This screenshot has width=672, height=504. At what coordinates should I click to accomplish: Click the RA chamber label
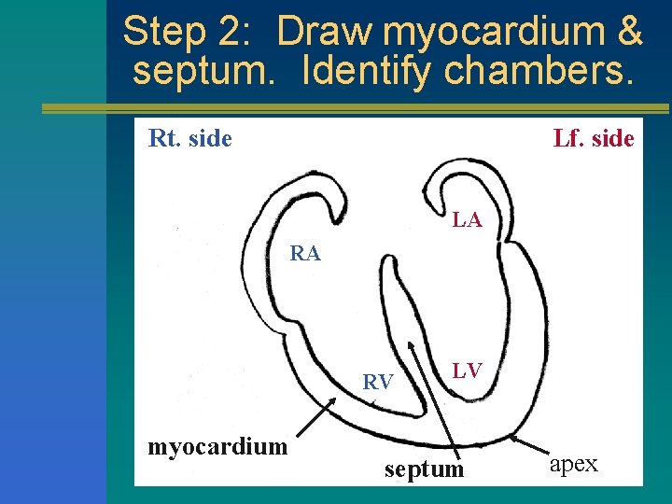pyautogui.click(x=305, y=253)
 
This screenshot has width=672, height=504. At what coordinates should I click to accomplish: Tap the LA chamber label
pyautogui.click(x=467, y=220)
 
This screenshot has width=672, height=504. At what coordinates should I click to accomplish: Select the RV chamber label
pyautogui.click(x=377, y=382)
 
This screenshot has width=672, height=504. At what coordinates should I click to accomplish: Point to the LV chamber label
pyautogui.click(x=467, y=371)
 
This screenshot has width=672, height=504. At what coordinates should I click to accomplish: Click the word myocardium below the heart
pyautogui.click(x=217, y=446)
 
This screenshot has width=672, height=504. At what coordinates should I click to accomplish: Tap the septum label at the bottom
pyautogui.click(x=424, y=469)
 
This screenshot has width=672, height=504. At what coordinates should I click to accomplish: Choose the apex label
pyautogui.click(x=573, y=464)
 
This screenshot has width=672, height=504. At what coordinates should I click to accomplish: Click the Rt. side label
pyautogui.click(x=189, y=139)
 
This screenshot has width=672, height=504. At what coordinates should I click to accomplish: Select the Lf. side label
pyautogui.click(x=593, y=139)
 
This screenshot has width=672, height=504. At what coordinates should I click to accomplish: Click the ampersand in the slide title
pyautogui.click(x=629, y=32)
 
